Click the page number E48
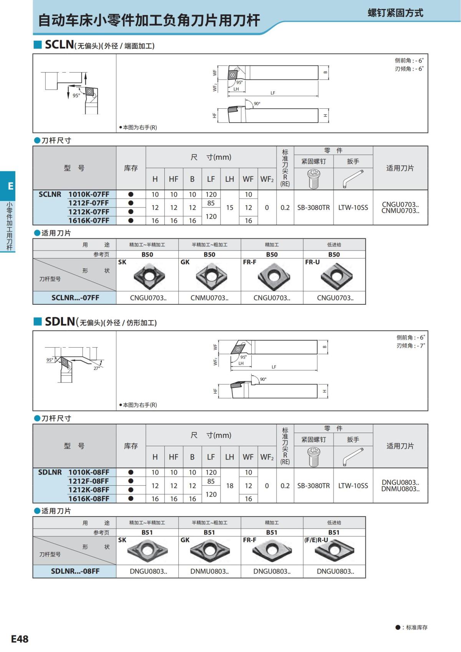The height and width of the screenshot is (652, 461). point(20,639)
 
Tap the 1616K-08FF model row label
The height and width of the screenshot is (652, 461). point(89,499)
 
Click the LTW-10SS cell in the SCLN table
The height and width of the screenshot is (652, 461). point(353,207)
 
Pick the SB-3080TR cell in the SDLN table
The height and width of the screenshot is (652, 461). point(313,486)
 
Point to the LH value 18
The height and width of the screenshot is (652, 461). point(230,486)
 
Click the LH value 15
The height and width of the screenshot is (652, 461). point(230,207)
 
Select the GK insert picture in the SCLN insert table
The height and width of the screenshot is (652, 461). point(211,275)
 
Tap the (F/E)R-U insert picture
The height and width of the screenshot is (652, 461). point(334,551)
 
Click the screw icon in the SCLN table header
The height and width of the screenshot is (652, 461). point(314,179)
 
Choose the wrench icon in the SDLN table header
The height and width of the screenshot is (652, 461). point(353,457)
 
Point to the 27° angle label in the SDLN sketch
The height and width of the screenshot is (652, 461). point(96,368)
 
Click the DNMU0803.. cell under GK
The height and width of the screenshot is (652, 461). point(209,571)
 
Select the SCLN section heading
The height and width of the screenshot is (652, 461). point(60,45)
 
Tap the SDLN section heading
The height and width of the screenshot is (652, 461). point(60,322)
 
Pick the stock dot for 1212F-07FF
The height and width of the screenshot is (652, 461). point(131,203)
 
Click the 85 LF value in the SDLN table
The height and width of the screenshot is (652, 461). point(211,481)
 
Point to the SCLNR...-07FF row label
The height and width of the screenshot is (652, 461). point(75,298)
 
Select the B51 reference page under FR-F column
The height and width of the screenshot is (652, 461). point(272,533)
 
